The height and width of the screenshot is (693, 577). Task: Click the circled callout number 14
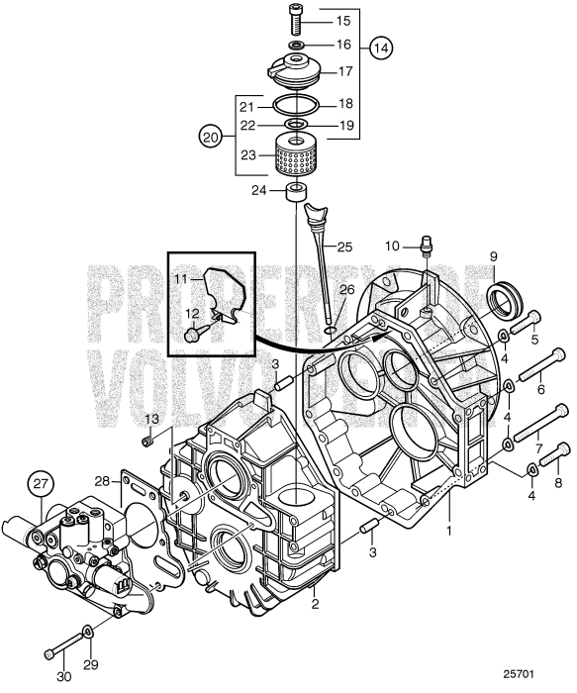click(380, 47)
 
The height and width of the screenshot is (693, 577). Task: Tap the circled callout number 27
click(41, 485)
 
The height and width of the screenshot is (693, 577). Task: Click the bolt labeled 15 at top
click(296, 21)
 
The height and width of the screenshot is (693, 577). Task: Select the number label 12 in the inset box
click(181, 313)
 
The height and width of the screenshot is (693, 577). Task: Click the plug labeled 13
click(149, 440)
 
